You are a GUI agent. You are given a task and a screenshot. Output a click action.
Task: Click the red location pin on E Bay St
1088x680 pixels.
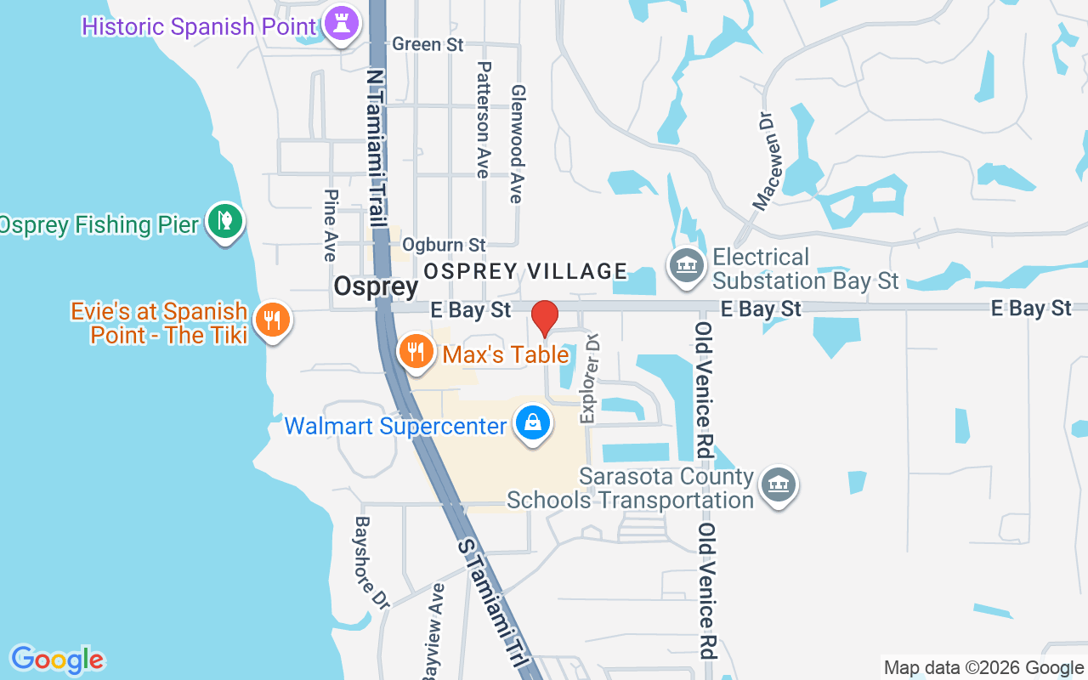[x=544, y=318]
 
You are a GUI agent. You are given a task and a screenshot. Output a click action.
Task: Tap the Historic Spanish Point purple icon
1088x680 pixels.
[x=342, y=25]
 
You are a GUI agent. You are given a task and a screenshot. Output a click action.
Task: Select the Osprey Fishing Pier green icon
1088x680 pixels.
[x=225, y=222]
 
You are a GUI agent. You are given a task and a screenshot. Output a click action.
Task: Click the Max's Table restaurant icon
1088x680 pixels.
[x=416, y=351]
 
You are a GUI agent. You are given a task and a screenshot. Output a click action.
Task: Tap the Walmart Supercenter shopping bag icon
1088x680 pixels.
[x=533, y=424]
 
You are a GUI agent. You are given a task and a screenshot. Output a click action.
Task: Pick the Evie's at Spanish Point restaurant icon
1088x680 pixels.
[x=271, y=321]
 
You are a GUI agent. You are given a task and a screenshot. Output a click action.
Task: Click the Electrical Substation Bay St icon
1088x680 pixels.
[x=685, y=267]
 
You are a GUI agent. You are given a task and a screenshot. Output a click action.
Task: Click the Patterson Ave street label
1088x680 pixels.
[x=484, y=120]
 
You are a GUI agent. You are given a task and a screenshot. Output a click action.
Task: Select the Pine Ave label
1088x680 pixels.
[x=330, y=224]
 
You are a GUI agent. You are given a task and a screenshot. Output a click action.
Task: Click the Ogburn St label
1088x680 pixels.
[x=444, y=245]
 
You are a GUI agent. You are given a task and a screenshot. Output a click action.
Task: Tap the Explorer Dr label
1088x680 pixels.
[x=588, y=377]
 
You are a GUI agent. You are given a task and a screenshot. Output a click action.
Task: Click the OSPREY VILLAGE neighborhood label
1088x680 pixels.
[x=525, y=271]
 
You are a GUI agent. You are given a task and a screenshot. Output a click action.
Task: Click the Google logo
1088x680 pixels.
[x=57, y=660]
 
